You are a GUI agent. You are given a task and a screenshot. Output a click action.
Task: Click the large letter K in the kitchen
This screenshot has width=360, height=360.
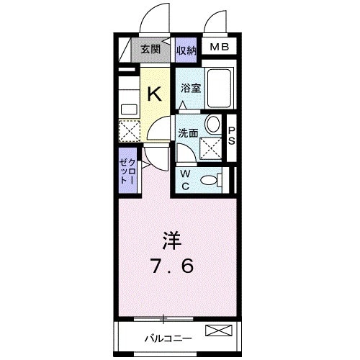pyautogui.click(x=155, y=93)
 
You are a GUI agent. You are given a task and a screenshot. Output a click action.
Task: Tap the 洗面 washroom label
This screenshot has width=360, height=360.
pyautogui.click(x=189, y=132)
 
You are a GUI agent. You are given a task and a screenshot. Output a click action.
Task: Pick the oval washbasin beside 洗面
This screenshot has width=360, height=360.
pyautogui.click(x=214, y=125)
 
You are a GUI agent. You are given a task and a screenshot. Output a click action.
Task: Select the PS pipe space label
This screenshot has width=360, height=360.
pyautogui.click(x=232, y=135)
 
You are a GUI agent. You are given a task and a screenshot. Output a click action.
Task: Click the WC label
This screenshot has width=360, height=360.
pyautogui.click(x=184, y=180)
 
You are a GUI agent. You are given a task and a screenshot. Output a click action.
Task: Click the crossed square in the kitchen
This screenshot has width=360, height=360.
pyautogui.click(x=129, y=132)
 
